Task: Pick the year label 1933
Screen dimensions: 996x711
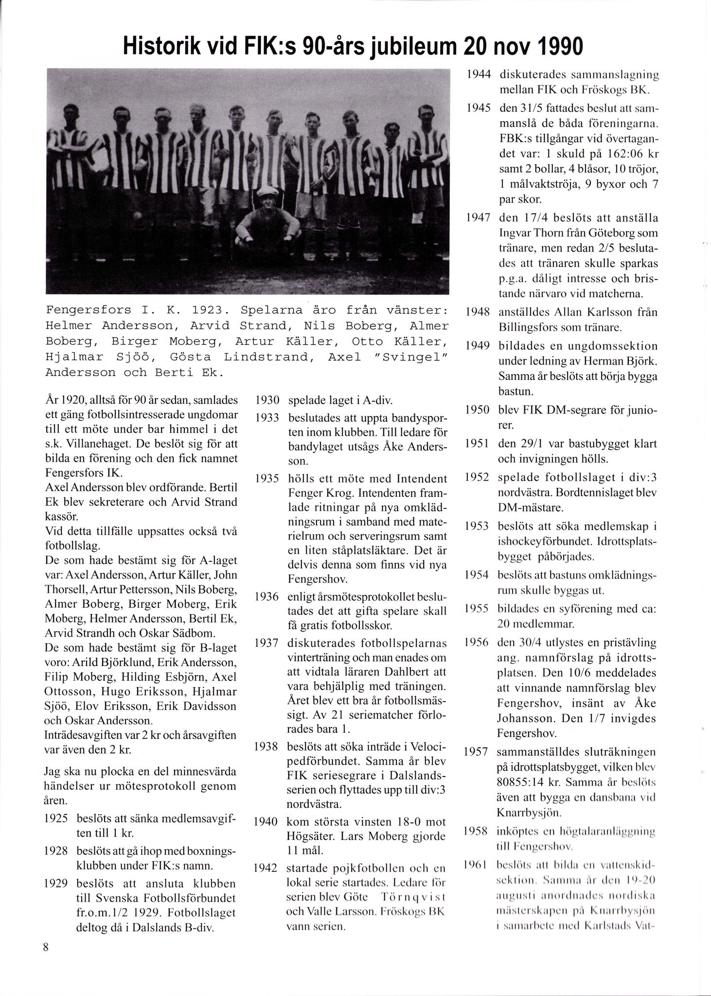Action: [x=267, y=417]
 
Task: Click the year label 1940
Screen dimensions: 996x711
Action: [x=267, y=822]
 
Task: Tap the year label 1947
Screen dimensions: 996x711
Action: [x=477, y=218]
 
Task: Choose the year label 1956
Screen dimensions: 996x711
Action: [x=477, y=642]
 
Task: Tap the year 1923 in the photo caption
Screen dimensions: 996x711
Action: [x=208, y=310]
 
